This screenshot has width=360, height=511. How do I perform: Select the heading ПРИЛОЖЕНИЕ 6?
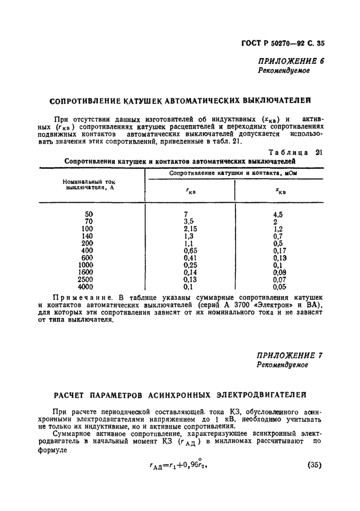[x=291, y=61]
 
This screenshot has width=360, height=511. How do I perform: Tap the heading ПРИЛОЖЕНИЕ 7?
[x=291, y=355]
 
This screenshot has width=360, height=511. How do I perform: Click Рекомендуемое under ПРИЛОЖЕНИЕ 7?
[x=283, y=365]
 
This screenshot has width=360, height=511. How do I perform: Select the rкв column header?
[x=191, y=193]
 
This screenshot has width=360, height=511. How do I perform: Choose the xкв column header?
[x=280, y=193]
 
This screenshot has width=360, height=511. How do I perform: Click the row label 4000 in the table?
[x=85, y=287]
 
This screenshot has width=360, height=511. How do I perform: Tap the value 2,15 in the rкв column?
[x=191, y=229]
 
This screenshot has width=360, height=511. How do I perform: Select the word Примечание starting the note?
[x=82, y=298]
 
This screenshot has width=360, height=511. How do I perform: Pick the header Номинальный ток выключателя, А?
[x=87, y=184]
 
